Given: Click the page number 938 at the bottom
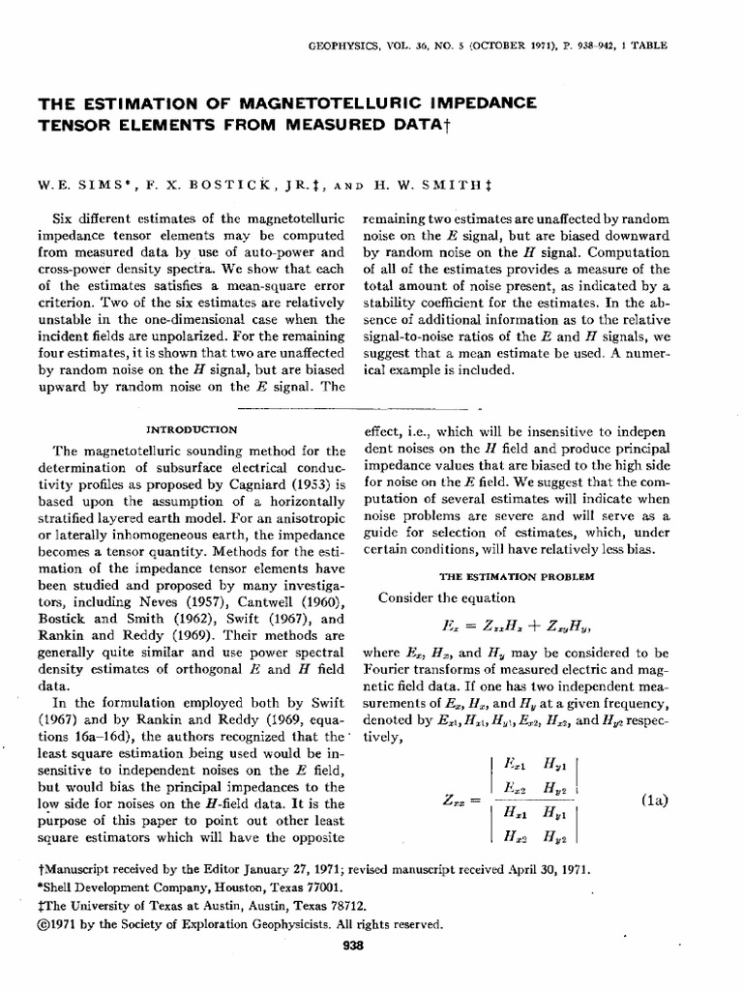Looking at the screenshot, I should click(x=352, y=946).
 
